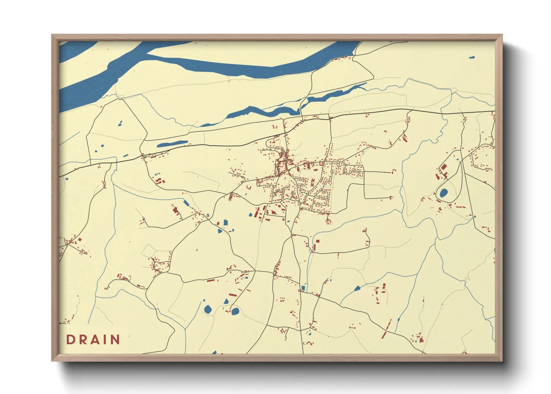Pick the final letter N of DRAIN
[114, 340]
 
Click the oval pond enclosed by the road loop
[443, 193]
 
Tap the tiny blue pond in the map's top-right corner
[472, 58]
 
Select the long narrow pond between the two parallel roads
[172, 144]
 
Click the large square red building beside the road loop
[444, 167]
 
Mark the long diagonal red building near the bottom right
[387, 329]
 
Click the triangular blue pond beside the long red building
[226, 301]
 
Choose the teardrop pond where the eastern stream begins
[357, 288]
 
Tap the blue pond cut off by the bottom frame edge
[214, 352]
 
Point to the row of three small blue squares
[157, 174]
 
